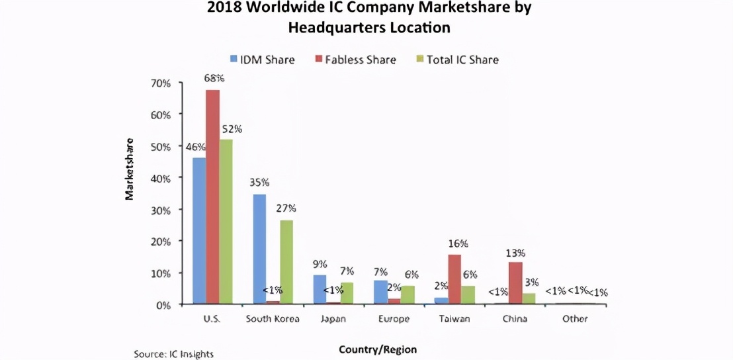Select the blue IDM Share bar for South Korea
(259, 249)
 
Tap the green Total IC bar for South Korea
(286, 262)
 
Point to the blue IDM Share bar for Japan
(320, 289)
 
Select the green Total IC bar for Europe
(408, 295)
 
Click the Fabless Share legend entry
(359, 60)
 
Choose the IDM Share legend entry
(263, 60)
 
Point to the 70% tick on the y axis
(161, 83)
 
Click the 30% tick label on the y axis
(161, 210)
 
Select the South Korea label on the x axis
(273, 319)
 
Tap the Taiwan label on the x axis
(454, 319)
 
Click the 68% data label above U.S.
(212, 78)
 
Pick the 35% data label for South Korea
(260, 183)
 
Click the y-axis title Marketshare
(130, 169)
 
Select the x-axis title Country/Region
(378, 349)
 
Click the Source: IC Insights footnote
(173, 354)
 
